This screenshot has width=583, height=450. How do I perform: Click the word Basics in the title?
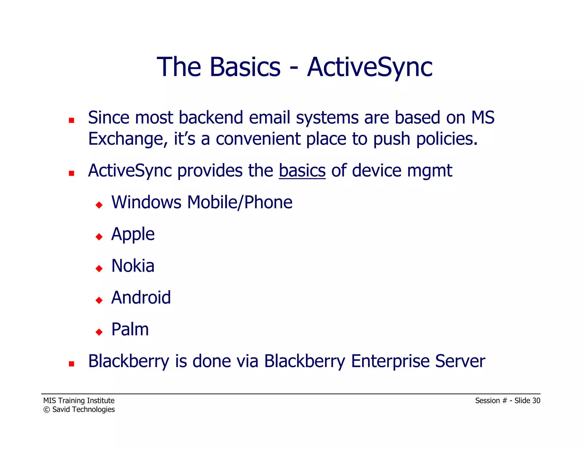coord(245,67)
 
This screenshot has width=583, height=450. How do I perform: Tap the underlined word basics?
coord(302,171)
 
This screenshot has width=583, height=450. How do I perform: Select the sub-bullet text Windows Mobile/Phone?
coord(202,202)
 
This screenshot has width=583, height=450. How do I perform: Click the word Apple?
coord(133,234)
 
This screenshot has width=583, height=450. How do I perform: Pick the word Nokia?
coord(133,266)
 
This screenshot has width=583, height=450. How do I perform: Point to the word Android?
coord(141,298)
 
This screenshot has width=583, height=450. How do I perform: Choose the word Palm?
coord(130,329)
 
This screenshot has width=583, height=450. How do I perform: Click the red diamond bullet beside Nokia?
coord(99,268)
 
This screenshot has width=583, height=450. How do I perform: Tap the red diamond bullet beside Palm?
coord(99,332)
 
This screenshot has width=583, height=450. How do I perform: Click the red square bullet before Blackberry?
coord(71,364)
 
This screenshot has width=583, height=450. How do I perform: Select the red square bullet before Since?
coord(71,120)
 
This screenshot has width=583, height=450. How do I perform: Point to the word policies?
coord(447,139)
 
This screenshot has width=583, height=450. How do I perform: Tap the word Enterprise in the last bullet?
coord(390,361)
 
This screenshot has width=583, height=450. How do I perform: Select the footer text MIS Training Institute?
coord(79,401)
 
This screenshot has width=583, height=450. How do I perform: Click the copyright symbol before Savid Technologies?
coord(47,410)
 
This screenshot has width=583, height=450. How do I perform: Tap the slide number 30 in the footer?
coord(536,401)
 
